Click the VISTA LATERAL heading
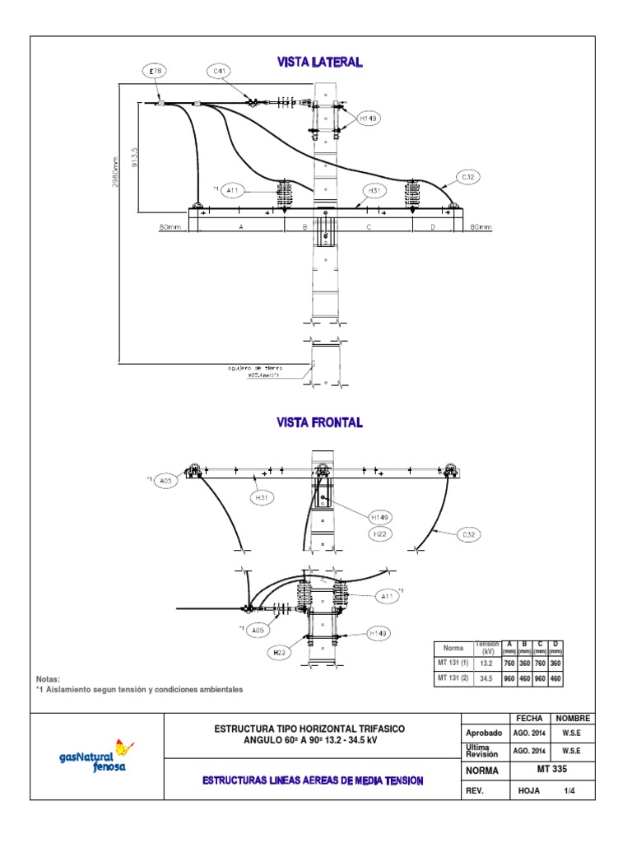point(319,62)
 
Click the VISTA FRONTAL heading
point(319,422)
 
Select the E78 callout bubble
point(156,72)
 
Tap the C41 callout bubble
point(220,72)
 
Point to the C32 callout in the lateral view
point(469,177)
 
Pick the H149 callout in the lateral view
point(368,119)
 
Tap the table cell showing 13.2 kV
point(486,664)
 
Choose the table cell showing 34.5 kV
point(486,678)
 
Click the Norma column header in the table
point(453,648)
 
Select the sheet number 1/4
point(569,790)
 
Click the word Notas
point(49,679)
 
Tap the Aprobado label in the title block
point(484,732)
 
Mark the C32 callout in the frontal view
point(468,534)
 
